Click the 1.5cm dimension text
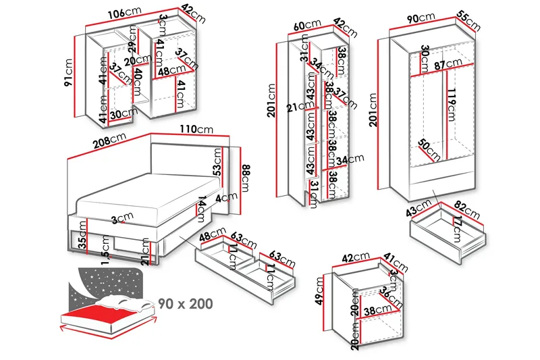(106, 249)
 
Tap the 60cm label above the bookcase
(308, 26)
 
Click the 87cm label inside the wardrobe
(448, 65)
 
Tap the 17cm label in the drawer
(457, 227)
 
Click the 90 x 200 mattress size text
(186, 303)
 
